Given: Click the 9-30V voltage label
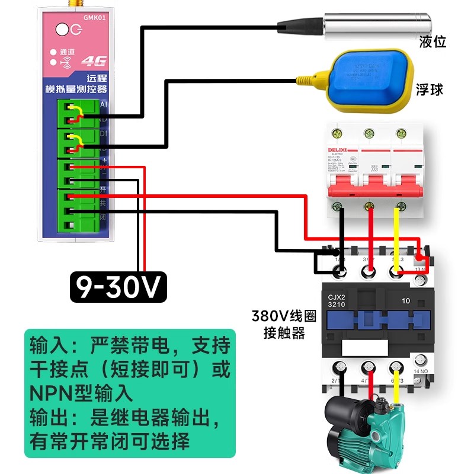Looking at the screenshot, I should (118, 287).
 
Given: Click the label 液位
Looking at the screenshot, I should (432, 41).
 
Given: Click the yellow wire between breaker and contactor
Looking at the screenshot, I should (396, 237).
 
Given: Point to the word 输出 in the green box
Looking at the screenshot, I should (50, 418).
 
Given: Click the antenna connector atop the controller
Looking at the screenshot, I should (62, 5).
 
